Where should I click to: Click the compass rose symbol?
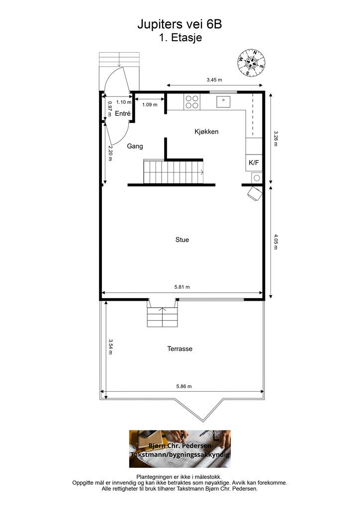pyautogui.click(x=251, y=63)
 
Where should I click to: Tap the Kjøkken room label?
pyautogui.click(x=206, y=131)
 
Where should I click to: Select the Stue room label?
pyautogui.click(x=182, y=240)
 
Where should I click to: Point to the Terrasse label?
pyautogui.click(x=180, y=348)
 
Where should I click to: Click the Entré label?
pyautogui.click(x=123, y=113)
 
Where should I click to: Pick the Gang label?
pyautogui.click(x=135, y=146)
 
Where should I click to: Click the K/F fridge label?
pyautogui.click(x=254, y=163)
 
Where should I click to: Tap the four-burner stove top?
pyautogui.click(x=191, y=101)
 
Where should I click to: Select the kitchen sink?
pyautogui.click(x=223, y=101)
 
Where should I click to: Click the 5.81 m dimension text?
pyautogui.click(x=182, y=287)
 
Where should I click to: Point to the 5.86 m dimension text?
pyautogui.click(x=184, y=386)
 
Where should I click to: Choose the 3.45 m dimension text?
pyautogui.click(x=214, y=80)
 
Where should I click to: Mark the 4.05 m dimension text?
pyautogui.click(x=275, y=242)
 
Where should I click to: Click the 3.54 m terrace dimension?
pyautogui.click(x=110, y=347)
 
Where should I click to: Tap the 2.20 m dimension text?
pyautogui.click(x=110, y=153)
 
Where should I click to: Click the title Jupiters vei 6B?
pyautogui.click(x=180, y=24)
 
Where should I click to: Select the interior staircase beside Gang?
pyautogui.click(x=174, y=171)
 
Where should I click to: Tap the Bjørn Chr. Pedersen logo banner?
pyautogui.click(x=180, y=449)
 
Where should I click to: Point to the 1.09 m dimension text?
pyautogui.click(x=150, y=105)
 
